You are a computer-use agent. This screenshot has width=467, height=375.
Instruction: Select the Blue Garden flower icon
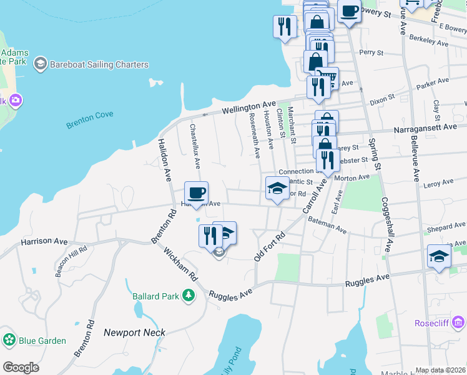tap(9, 340)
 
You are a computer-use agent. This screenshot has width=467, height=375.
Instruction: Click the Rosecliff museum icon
tap(459, 322)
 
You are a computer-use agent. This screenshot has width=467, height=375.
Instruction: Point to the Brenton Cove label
tap(89, 121)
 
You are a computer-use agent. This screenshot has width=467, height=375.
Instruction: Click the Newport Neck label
tap(135, 332)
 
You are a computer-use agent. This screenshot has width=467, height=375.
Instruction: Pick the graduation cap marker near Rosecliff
tap(439, 256)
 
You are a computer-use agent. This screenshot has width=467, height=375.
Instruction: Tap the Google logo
tap(21, 367)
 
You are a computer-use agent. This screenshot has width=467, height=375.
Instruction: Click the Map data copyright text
tap(440, 370)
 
